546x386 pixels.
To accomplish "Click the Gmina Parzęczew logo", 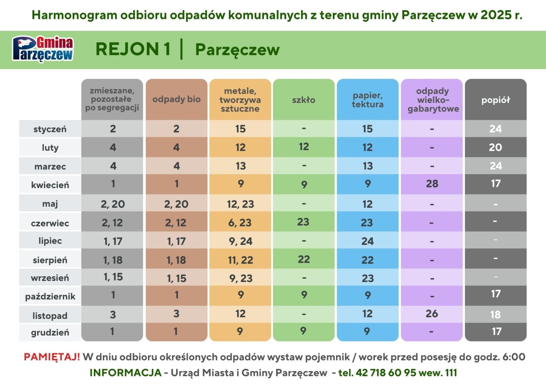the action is pyautogui.click(x=43, y=49).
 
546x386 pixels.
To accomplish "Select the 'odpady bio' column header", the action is pyautogui.click(x=177, y=99).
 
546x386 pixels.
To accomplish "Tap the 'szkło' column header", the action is pyautogui.click(x=304, y=100).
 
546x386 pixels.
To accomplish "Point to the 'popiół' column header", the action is pyautogui.click(x=496, y=100).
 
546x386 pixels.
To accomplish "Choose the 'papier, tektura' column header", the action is pyautogui.click(x=368, y=100).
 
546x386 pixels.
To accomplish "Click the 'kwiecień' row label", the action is pyautogui.click(x=50, y=185).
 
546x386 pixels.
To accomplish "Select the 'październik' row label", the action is pyautogui.click(x=50, y=296).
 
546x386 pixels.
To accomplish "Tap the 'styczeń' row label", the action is pyautogui.click(x=50, y=129).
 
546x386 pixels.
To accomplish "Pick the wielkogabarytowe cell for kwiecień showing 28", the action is pyautogui.click(x=432, y=184).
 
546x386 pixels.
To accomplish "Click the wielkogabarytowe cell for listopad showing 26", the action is pyautogui.click(x=432, y=313).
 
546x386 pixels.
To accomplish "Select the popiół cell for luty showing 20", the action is pyautogui.click(x=495, y=147).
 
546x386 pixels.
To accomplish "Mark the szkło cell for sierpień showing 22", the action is pyautogui.click(x=304, y=259).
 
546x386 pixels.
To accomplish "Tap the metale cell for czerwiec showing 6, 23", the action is pyautogui.click(x=240, y=223).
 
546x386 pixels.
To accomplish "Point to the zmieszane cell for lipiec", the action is pyautogui.click(x=113, y=241).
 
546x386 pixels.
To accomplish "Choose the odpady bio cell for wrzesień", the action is pyautogui.click(x=177, y=278).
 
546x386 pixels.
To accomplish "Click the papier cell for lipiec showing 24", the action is pyautogui.click(x=368, y=241).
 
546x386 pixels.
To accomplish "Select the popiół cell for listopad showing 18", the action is pyautogui.click(x=495, y=315).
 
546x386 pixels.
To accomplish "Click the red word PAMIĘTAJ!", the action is pyautogui.click(x=52, y=357).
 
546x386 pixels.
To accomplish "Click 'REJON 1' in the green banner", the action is pyautogui.click(x=133, y=49).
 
